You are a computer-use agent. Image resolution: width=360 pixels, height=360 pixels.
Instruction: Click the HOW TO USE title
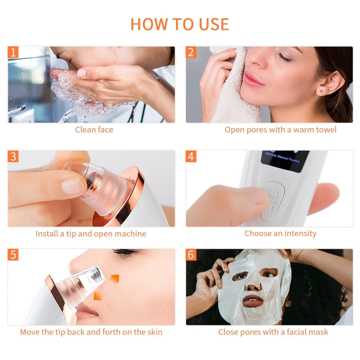(180, 24)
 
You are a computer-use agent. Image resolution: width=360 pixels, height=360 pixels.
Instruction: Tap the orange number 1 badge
(13, 52)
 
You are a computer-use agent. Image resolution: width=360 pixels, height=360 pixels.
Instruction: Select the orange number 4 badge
(191, 156)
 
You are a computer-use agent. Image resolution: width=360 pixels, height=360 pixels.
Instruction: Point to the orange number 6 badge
(191, 255)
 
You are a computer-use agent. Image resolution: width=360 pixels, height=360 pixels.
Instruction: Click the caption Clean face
(94, 130)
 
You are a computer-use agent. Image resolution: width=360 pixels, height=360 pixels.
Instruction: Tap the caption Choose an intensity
(280, 233)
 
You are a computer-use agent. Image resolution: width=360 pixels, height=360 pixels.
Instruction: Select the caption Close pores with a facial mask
(273, 332)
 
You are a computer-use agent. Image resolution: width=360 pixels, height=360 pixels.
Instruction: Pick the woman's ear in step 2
(329, 83)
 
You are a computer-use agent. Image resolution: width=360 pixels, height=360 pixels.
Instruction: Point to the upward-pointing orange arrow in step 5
(115, 279)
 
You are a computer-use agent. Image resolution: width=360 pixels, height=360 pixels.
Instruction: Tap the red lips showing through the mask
(252, 300)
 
